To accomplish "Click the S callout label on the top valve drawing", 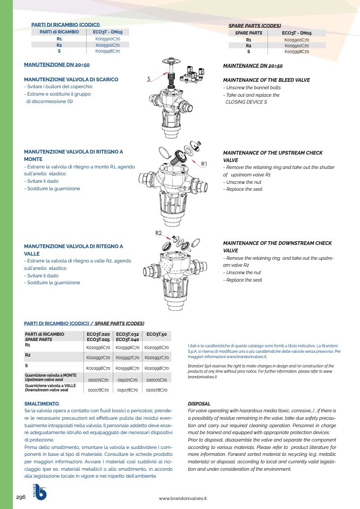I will click(149, 79).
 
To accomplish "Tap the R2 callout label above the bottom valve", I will click(158, 233).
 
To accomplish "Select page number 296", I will click(21, 497).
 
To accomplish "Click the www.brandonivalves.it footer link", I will click(182, 498).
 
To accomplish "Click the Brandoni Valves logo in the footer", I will click(40, 491).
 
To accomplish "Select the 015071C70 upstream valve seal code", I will click(127, 380).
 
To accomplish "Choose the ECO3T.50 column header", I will click(156, 334).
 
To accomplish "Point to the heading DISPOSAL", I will click(199, 403).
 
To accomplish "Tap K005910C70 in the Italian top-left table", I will click(107, 45).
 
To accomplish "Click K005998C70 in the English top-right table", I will click(297, 52).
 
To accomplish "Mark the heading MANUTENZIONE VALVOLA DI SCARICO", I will click(71, 79).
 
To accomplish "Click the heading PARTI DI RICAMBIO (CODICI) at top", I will click(65, 25).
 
